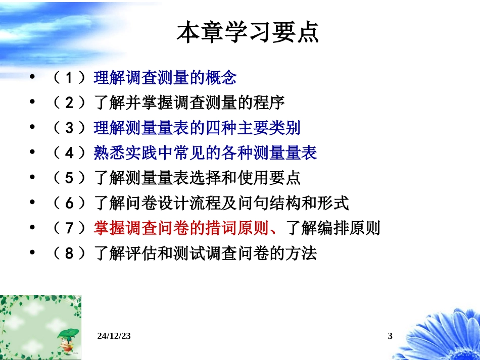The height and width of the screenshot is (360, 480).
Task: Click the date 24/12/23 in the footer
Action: [113, 336]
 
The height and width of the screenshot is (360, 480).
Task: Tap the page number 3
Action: [390, 336]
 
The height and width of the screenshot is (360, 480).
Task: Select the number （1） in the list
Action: [70, 78]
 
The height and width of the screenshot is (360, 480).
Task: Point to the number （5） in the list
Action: [70, 178]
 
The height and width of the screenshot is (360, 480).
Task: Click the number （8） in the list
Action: [70, 253]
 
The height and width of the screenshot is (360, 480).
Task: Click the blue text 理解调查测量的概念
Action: [165, 78]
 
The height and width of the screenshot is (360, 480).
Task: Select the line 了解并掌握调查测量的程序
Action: [189, 103]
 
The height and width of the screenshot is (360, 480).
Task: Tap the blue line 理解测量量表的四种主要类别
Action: [197, 128]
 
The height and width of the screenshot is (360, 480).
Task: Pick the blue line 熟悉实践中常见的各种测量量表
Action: [205, 153]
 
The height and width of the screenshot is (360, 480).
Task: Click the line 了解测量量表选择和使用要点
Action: [197, 178]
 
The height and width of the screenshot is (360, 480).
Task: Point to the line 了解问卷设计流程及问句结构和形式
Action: [221, 203]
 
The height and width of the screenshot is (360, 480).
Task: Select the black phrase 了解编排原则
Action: [333, 228]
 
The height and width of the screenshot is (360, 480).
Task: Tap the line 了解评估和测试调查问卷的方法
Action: [205, 253]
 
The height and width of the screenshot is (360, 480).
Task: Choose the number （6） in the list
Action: [70, 203]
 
